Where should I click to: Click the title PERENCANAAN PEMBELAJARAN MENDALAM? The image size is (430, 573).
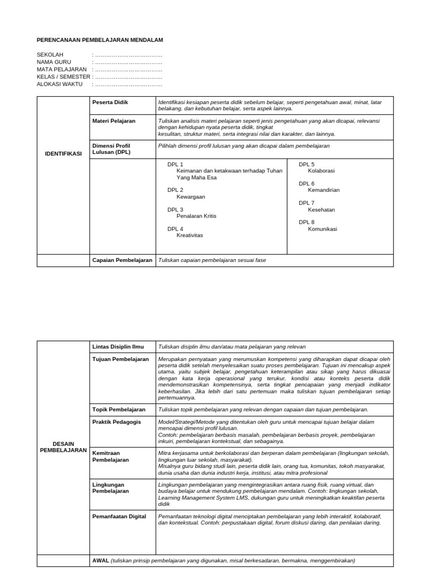[100, 40]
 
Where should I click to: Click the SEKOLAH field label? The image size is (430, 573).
[49, 55]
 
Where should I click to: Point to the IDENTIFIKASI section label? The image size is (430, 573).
[63, 153]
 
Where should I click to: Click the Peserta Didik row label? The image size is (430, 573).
[110, 103]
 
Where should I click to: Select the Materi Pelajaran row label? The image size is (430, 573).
[114, 120]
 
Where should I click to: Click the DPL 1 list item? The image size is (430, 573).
[175, 165]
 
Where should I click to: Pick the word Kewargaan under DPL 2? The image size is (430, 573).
[191, 197]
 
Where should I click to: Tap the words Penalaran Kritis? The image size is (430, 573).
[196, 216]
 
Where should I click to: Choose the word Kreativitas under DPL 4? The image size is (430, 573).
[190, 235]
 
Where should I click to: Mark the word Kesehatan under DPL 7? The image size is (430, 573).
[321, 209]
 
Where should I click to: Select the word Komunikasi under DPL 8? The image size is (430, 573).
[322, 229]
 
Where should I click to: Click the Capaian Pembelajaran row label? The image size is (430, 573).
[122, 260]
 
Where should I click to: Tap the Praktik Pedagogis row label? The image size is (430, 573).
[116, 421]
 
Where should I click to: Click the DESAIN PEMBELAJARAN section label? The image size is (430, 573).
[63, 446]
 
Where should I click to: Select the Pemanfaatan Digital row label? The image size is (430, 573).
[119, 516]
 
